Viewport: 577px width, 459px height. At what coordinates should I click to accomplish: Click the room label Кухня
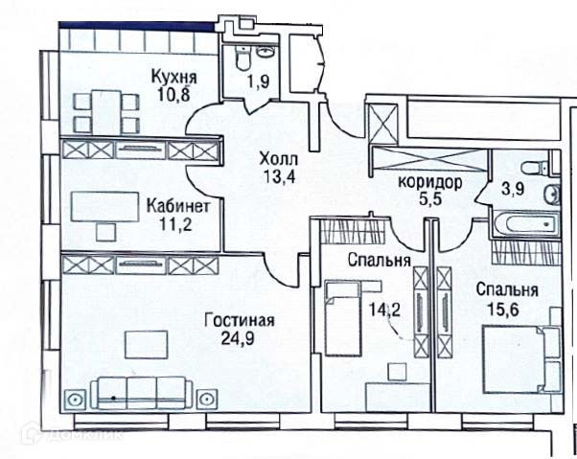click(173, 78)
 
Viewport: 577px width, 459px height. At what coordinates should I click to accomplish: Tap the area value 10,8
click(173, 95)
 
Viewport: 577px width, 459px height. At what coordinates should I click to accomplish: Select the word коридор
click(431, 182)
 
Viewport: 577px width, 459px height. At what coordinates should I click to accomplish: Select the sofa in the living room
click(137, 390)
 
